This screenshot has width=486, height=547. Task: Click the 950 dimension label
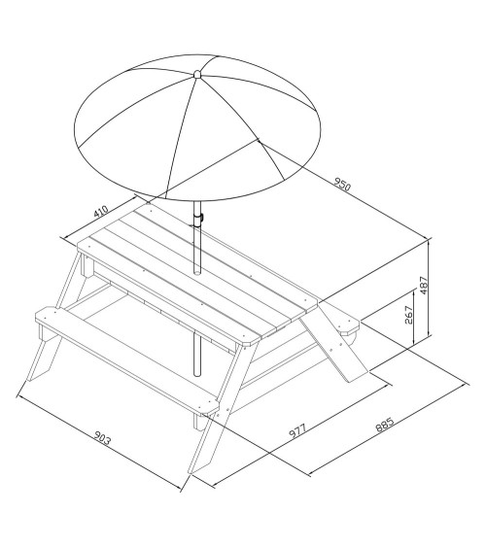tap(342, 185)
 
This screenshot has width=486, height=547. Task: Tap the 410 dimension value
tap(101, 211)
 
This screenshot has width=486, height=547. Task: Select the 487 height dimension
tap(423, 285)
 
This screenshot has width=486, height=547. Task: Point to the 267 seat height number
tap(409, 315)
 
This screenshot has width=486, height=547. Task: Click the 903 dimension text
tap(103, 438)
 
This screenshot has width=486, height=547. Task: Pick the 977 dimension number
tap(297, 430)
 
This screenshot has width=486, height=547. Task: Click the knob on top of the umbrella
tap(197, 74)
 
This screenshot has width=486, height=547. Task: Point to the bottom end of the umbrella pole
tap(197, 374)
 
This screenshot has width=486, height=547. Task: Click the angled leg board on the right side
tap(334, 343)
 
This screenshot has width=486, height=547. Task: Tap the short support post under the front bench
tap(200, 421)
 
